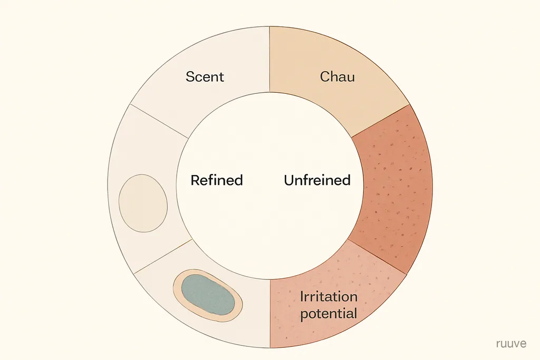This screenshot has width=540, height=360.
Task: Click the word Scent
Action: pos(205,76)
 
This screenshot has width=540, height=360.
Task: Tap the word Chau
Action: pos(337,76)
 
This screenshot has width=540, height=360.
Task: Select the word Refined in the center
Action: pos(217,180)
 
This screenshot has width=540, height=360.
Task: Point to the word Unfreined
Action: pos(317,180)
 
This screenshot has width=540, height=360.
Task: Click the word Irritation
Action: pos(329,297)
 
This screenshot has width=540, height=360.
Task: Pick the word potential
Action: pos(329,314)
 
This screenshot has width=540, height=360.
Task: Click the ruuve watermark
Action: pos(512,344)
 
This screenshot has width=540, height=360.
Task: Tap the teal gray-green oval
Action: pos(208,295)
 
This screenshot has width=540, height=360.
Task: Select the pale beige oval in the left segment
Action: pos(143,203)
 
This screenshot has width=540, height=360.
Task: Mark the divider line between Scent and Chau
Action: pos(269,60)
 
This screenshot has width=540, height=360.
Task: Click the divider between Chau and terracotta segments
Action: pos(380,121)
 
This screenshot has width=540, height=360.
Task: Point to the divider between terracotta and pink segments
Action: pos(378,257)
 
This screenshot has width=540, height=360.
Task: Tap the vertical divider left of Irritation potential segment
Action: pos(270,314)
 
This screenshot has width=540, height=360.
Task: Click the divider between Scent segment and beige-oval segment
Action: pos(159,121)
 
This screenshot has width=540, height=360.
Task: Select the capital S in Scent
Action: pos(189,76)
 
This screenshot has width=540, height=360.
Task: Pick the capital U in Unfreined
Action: pos(289,180)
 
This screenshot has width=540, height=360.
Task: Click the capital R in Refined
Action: pos(195,180)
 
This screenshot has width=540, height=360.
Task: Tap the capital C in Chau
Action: pos(325,76)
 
